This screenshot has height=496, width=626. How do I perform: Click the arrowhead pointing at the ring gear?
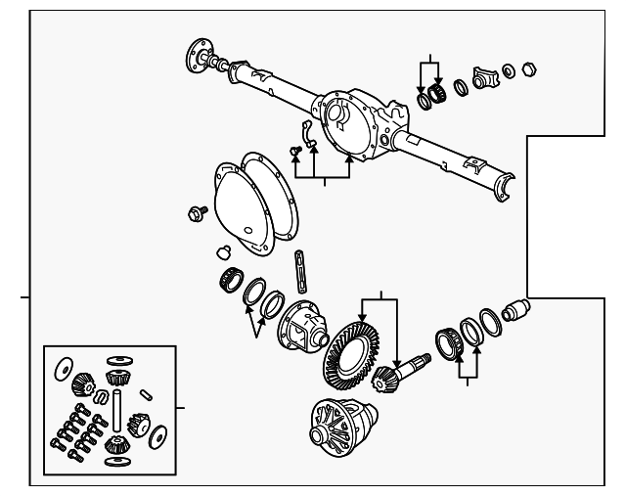point(363,310)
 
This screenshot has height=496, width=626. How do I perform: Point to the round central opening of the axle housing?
point(338,113)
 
